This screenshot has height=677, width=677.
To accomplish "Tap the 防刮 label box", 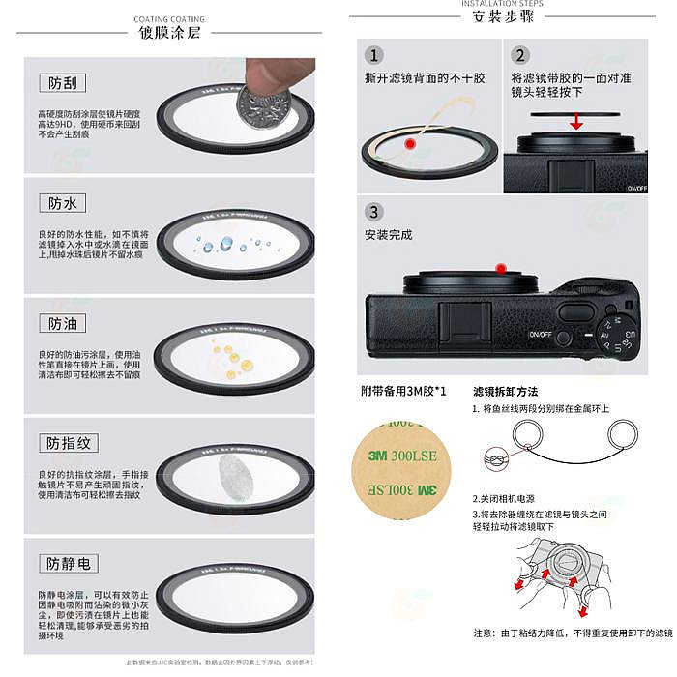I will tap(62, 83).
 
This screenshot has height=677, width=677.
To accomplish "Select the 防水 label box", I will tap(62, 203).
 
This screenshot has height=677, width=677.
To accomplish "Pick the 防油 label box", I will tap(62, 323).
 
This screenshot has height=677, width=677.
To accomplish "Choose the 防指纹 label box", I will tap(69, 443).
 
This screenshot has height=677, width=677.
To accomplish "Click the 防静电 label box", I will tap(69, 563).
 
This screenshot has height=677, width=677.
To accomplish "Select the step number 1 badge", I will tap(374, 56).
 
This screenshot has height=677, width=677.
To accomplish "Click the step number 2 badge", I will tap(520, 56).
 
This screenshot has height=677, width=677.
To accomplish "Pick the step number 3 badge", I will tap(374, 212).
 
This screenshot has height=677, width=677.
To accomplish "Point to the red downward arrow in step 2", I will tap(575, 121).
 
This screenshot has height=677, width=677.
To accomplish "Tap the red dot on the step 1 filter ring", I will tap(410, 144).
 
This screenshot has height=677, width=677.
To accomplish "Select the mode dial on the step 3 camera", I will tap(616, 336).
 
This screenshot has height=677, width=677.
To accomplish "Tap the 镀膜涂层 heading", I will tap(168, 33).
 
